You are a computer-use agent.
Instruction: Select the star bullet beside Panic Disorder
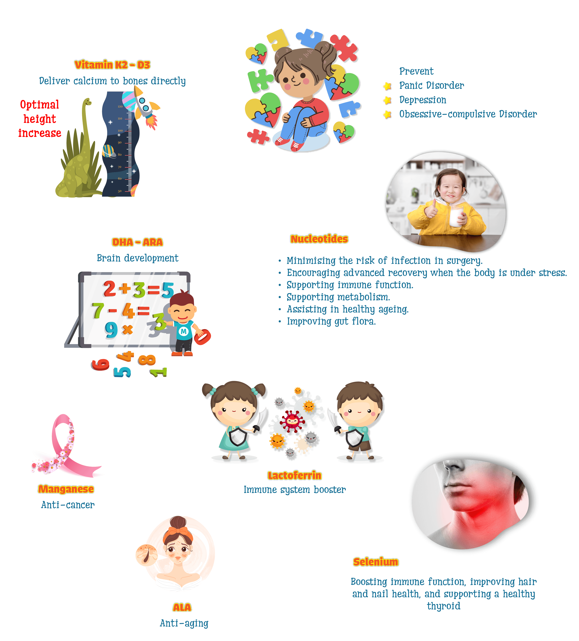[387, 86]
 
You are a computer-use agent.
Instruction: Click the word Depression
[423, 100]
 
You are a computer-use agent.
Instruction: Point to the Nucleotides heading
[319, 239]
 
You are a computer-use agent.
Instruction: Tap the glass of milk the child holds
[456, 217]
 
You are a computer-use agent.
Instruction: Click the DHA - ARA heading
[137, 242]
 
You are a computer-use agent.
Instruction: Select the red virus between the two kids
[292, 421]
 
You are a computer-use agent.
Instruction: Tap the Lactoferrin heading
[295, 475]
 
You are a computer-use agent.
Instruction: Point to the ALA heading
[182, 607]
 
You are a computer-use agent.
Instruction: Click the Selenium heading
[376, 562]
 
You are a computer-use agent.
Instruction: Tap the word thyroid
[444, 606]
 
